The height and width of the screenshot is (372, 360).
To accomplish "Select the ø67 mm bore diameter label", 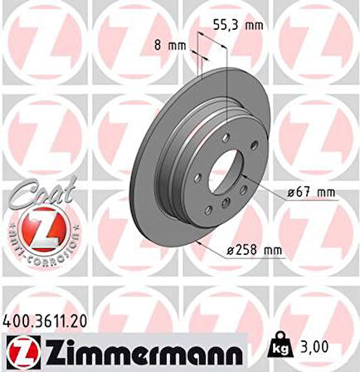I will tap(311, 193).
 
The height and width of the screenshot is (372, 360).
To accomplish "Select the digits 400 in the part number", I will tap(16, 318).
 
